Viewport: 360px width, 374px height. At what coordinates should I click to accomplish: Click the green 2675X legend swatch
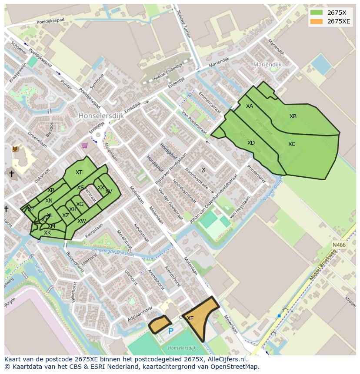(x=317, y=13)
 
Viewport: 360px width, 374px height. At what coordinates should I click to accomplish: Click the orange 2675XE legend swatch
(x=317, y=21)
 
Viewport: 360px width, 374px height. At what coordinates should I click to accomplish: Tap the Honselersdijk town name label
(x=101, y=116)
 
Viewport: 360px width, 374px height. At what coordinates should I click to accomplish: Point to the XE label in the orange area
(x=190, y=318)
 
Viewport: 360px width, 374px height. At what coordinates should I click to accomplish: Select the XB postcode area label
(x=293, y=116)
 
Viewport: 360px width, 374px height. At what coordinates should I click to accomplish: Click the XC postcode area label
(x=292, y=144)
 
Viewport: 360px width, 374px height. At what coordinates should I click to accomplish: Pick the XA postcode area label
(x=250, y=106)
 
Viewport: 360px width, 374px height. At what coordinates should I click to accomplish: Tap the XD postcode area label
(x=251, y=143)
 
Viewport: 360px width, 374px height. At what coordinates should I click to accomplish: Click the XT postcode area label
(x=79, y=172)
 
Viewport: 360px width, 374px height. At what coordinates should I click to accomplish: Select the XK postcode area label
(x=47, y=233)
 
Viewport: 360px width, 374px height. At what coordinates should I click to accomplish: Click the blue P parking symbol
(x=171, y=331)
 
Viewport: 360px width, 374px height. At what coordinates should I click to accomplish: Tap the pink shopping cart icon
(x=85, y=146)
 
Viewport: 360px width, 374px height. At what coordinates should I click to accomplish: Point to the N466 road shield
(x=339, y=245)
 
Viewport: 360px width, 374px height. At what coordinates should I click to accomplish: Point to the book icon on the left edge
(x=15, y=149)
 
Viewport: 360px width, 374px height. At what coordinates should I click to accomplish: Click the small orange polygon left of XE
(x=160, y=324)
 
